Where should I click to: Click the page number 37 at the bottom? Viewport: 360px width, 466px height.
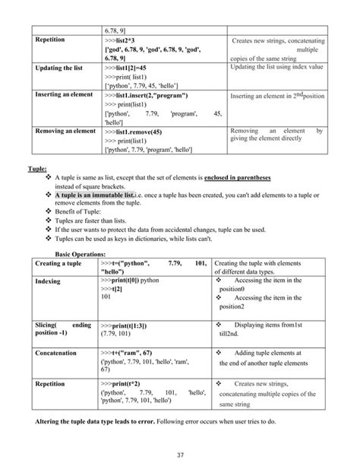pos(180,455)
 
